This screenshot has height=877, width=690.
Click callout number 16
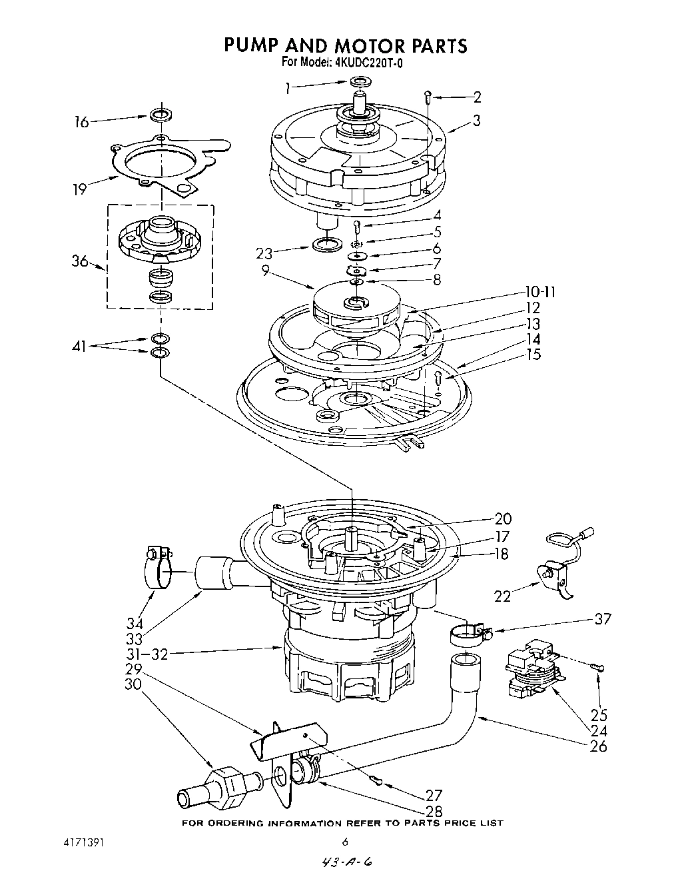pyautogui.click(x=81, y=123)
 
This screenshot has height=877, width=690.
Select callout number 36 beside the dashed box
pyautogui.click(x=80, y=261)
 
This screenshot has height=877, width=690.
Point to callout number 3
pyautogui.click(x=476, y=121)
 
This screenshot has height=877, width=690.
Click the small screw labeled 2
pyautogui.click(x=428, y=97)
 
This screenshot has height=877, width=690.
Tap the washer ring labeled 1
pyautogui.click(x=360, y=82)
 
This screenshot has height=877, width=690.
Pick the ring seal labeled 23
pyautogui.click(x=324, y=245)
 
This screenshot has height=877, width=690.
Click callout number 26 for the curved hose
pyautogui.click(x=598, y=746)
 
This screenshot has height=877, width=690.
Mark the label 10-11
pyautogui.click(x=539, y=291)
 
